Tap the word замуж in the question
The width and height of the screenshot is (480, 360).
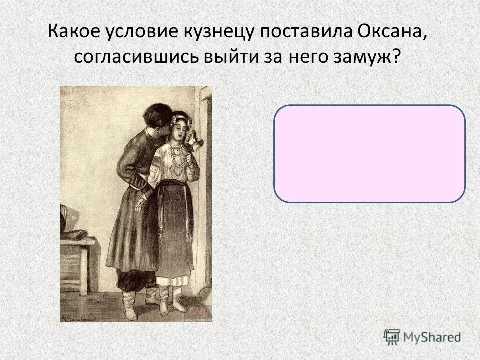click(x=364, y=57)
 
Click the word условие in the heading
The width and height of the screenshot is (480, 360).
click(x=129, y=34)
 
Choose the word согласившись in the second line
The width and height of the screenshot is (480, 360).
click(x=136, y=57)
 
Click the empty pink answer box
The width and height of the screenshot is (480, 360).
click(x=369, y=153)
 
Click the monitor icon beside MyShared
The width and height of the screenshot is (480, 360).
click(x=392, y=336)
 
